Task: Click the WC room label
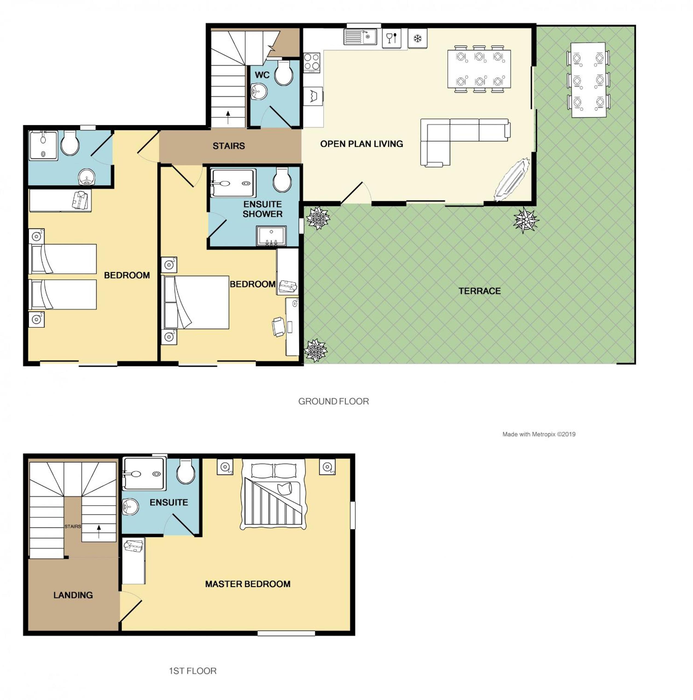(262, 75)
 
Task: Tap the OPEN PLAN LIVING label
(361, 144)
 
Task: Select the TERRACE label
(479, 291)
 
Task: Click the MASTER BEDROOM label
(248, 584)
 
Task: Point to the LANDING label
(73, 595)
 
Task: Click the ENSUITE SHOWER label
(263, 209)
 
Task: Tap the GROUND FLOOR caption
(333, 401)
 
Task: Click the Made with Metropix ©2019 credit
(538, 434)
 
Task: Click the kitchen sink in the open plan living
(360, 37)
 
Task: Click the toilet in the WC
(283, 72)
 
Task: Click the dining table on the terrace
(588, 80)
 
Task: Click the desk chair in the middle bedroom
(278, 326)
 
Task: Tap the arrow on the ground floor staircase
(228, 117)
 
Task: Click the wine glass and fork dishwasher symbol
(391, 38)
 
